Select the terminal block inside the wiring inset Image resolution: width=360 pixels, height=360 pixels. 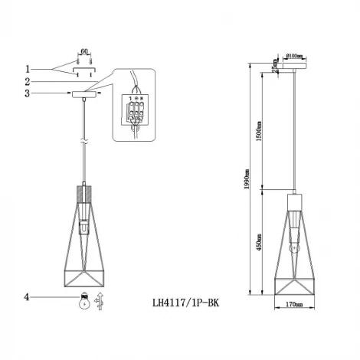(x=137, y=112)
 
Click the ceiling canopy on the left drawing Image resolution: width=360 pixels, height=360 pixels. (x=83, y=95)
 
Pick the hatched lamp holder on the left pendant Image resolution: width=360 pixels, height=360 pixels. (x=83, y=195)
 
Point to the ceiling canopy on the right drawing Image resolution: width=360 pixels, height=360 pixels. (x=294, y=68)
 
